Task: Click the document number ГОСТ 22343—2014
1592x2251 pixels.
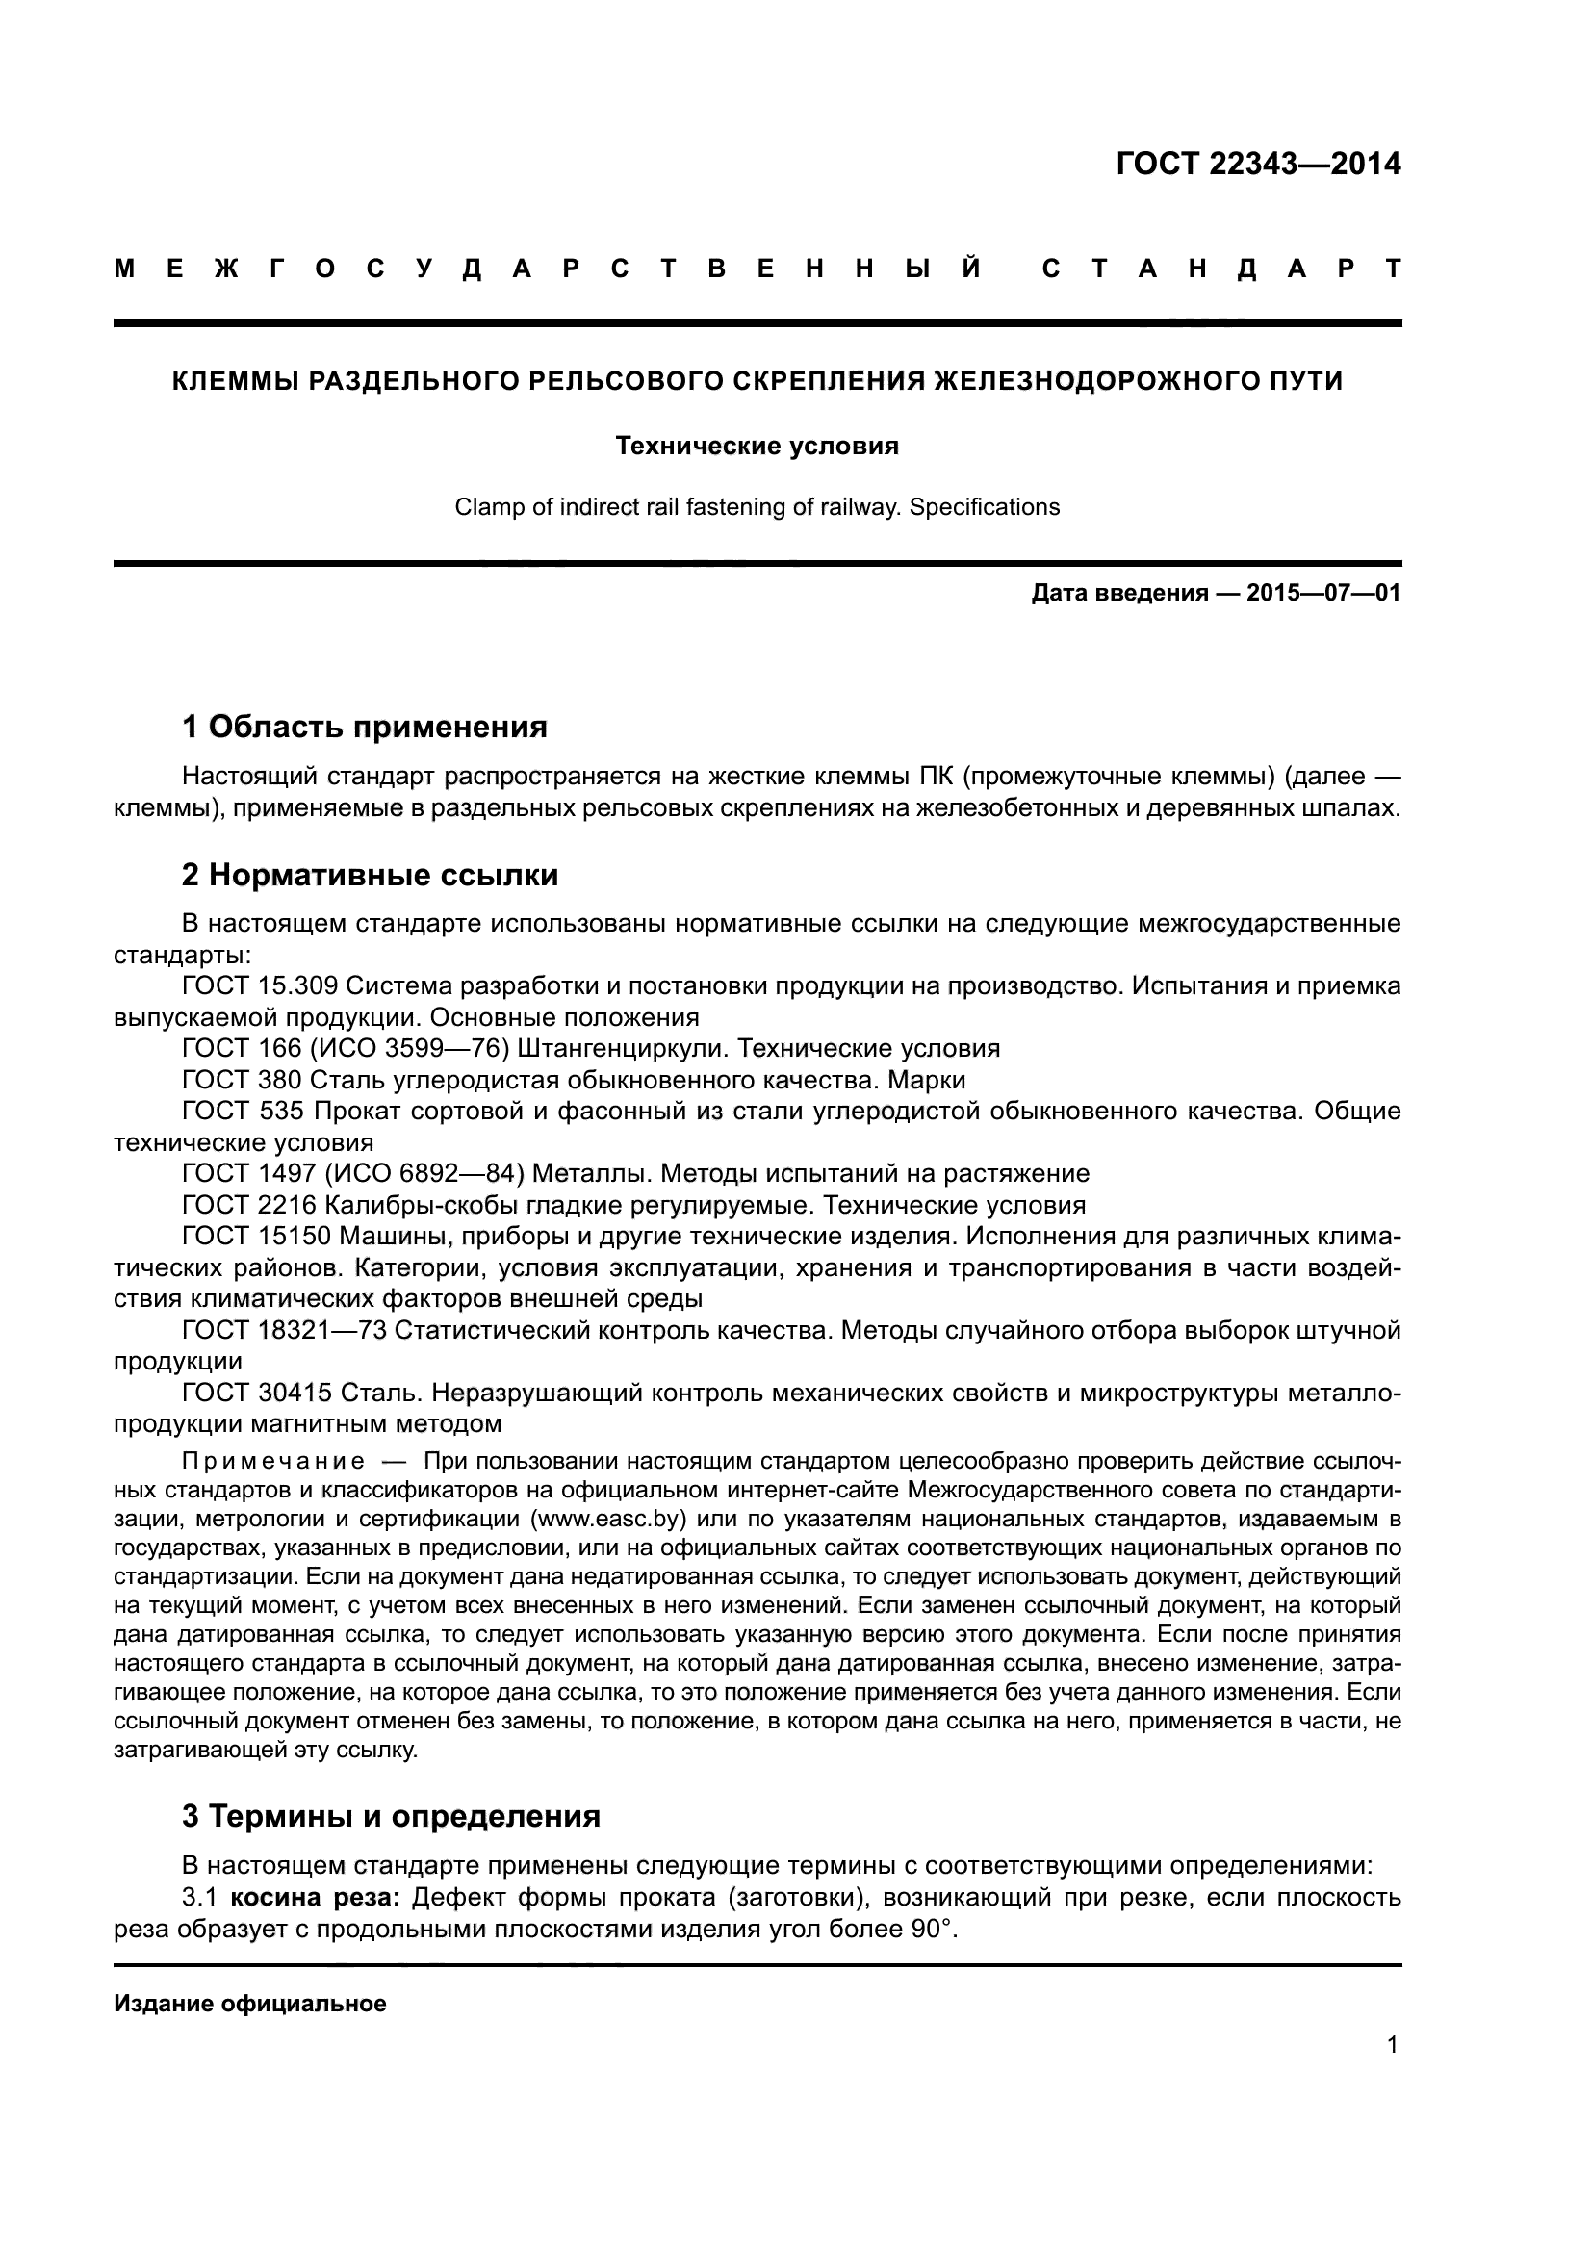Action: click(x=1258, y=164)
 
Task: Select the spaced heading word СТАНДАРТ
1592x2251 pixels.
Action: click(x=1220, y=269)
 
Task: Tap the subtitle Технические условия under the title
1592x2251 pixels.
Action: click(x=757, y=447)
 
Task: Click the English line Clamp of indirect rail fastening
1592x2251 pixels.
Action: click(x=757, y=508)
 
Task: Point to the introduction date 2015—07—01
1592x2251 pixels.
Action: click(x=1322, y=593)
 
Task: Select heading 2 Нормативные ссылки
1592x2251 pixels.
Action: click(x=370, y=875)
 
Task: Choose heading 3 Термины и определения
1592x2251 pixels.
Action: click(x=390, y=1816)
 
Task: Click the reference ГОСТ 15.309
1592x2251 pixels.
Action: click(x=260, y=985)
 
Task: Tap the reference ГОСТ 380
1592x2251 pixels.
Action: click(x=243, y=1080)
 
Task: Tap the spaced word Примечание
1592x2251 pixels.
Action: click(x=273, y=1462)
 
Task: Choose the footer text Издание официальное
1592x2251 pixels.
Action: click(x=250, y=2004)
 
